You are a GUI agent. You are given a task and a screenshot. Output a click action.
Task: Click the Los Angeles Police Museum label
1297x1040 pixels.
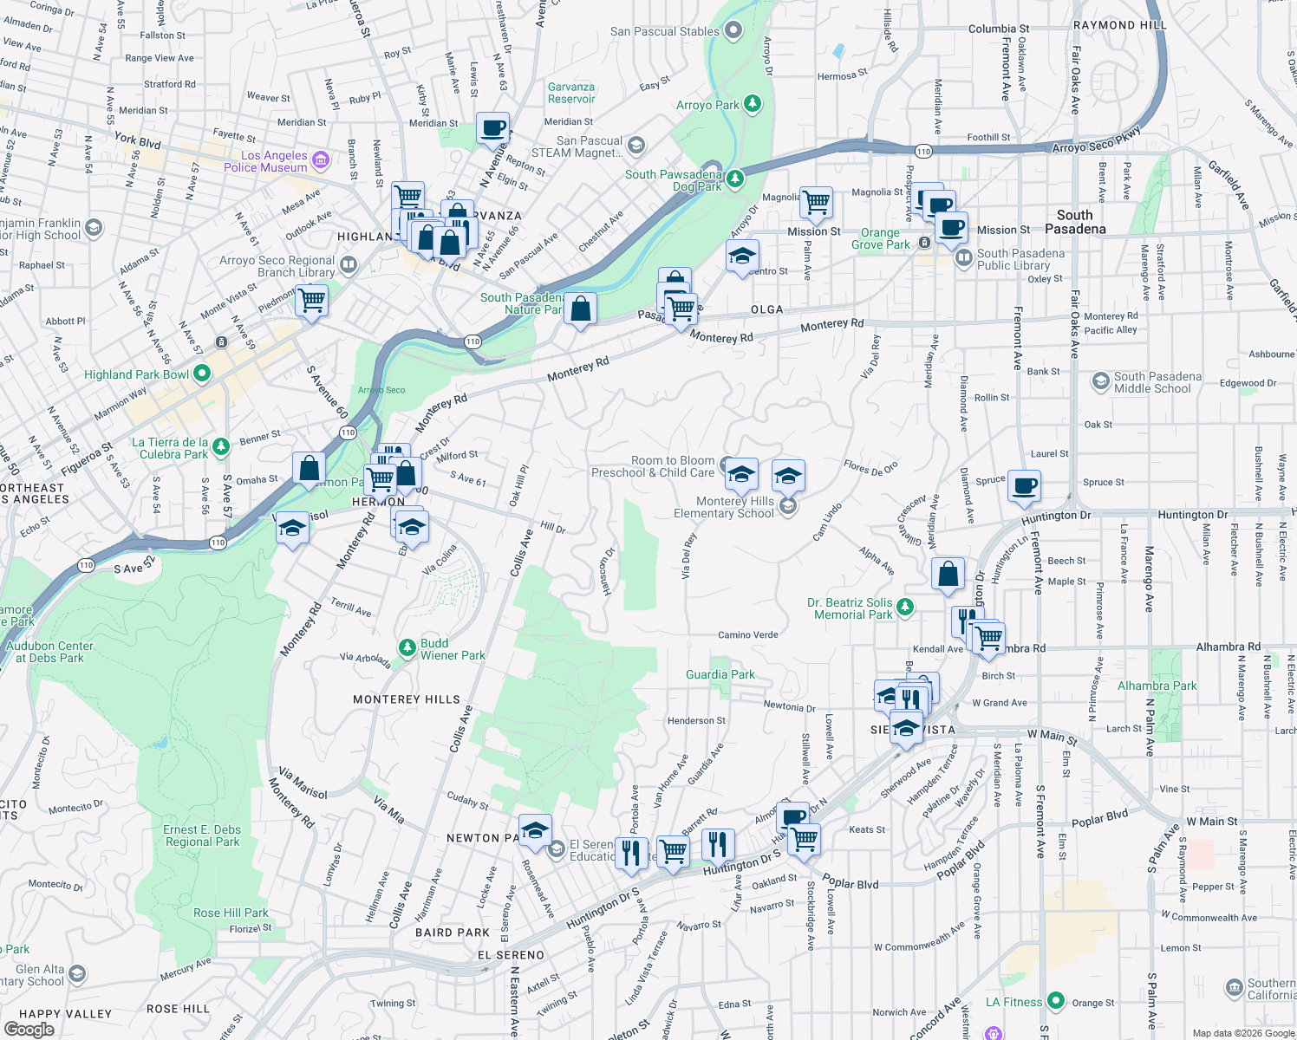tap(265, 161)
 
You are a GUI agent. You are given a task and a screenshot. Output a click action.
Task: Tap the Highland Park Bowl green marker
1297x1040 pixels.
tap(202, 374)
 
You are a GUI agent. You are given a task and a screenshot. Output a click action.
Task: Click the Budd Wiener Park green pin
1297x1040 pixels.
tap(407, 647)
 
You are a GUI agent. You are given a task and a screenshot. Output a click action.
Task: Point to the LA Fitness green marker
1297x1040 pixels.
tap(1055, 1001)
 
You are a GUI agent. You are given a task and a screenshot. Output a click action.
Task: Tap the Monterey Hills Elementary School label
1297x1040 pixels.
tap(724, 507)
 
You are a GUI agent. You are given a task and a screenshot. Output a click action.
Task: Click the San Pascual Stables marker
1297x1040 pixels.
tap(733, 31)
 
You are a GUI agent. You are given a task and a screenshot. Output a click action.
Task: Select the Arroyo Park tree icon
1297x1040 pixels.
tap(753, 105)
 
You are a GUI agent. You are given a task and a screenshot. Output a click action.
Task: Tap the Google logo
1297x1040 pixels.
tap(29, 1030)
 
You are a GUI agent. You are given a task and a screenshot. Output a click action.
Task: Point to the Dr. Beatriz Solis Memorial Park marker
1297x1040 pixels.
tap(905, 607)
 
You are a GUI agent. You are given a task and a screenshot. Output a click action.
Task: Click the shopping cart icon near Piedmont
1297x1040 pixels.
tap(311, 301)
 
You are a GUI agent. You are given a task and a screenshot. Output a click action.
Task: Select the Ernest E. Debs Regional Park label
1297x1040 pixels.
tap(202, 835)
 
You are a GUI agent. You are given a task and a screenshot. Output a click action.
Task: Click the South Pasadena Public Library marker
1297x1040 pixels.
tap(963, 258)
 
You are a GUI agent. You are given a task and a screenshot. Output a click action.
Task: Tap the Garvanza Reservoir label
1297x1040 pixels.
tap(571, 93)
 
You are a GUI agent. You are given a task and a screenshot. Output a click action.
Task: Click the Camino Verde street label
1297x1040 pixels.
tap(747, 634)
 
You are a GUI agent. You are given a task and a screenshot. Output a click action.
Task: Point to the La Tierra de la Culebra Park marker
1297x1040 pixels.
tap(221, 446)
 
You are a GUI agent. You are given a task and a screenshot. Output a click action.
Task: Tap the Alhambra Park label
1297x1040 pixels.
tap(1157, 686)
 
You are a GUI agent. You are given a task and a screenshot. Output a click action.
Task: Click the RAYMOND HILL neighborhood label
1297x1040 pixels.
tap(1119, 25)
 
